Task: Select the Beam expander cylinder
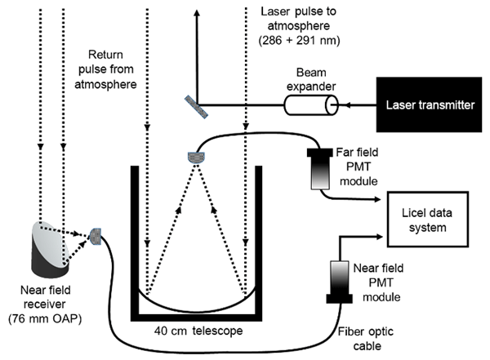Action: coord(310,105)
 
